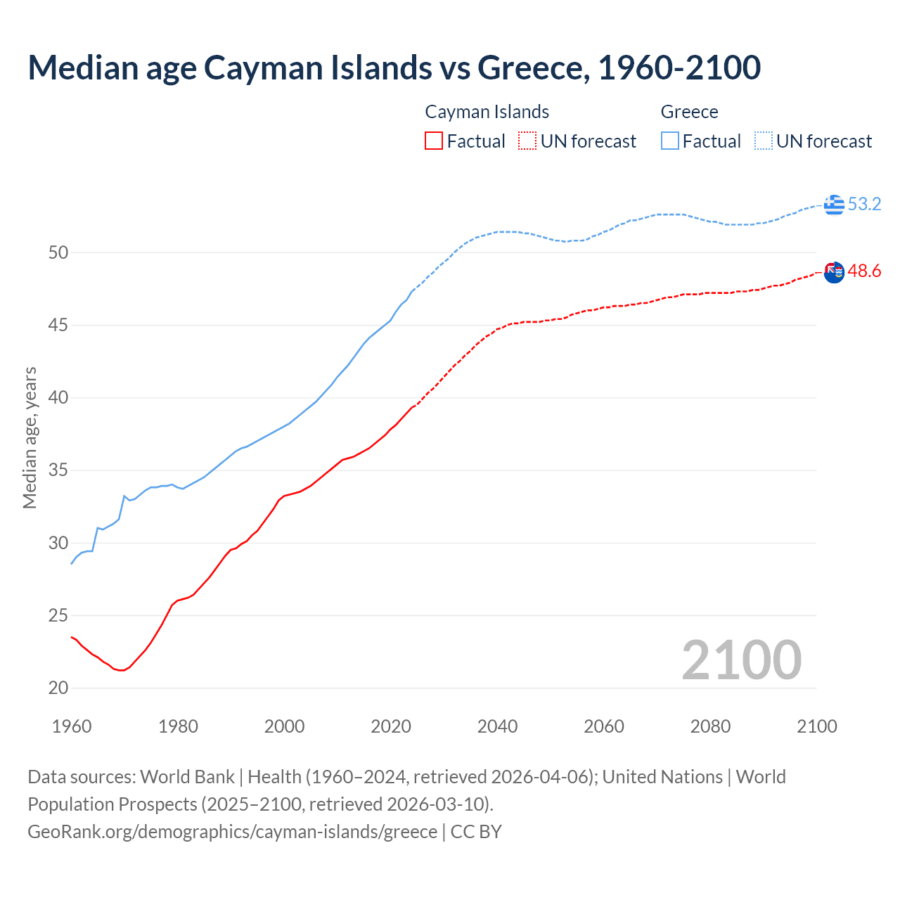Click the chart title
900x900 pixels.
click(394, 67)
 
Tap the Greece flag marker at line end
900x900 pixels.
click(834, 205)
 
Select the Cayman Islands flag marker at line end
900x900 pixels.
click(834, 272)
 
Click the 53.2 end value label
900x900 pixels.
click(864, 205)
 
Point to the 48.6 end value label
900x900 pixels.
click(864, 271)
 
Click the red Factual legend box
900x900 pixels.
click(434, 141)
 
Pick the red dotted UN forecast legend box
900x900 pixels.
click(527, 141)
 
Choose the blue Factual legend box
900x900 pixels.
click(670, 141)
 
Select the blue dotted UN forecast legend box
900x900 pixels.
click(764, 141)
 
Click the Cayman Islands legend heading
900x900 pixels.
click(487, 112)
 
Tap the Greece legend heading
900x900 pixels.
click(689, 112)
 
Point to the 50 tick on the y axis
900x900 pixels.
click(58, 252)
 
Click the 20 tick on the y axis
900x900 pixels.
click(58, 688)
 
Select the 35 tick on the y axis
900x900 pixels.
click(58, 470)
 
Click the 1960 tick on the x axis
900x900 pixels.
click(72, 726)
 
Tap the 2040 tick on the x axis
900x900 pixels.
click(497, 726)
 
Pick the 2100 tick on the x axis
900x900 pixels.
click(817, 726)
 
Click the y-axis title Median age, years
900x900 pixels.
click(30, 437)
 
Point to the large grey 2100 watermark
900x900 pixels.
click(741, 660)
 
